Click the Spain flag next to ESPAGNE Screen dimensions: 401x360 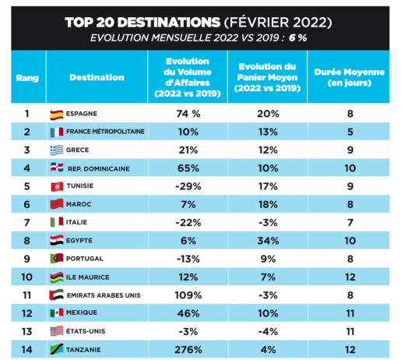coord(57,115)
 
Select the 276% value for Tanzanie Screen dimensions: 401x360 coord(188,350)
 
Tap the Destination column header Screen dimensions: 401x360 coord(97,77)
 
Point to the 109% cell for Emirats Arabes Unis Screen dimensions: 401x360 coord(188,295)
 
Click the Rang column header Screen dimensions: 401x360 coord(27,78)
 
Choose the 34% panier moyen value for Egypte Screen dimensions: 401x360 coord(268,241)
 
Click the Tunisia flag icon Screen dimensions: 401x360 coord(57,186)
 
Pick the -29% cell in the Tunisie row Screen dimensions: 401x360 coord(188,186)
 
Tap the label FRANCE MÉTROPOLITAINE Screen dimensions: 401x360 coord(105,132)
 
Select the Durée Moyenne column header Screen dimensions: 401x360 coord(350,77)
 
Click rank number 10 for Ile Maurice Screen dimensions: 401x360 coord(26,277)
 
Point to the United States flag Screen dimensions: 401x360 coord(57,331)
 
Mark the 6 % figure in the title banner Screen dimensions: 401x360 coord(297,38)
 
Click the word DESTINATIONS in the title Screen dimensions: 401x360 coord(169,23)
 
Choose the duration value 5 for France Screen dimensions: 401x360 coord(350,132)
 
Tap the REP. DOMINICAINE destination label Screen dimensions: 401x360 coord(99,169)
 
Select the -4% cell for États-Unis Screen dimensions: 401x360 coord(268,332)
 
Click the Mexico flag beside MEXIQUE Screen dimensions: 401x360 coord(57,312)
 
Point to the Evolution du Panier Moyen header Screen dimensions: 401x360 coord(267,77)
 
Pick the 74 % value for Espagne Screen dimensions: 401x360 coord(188,114)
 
